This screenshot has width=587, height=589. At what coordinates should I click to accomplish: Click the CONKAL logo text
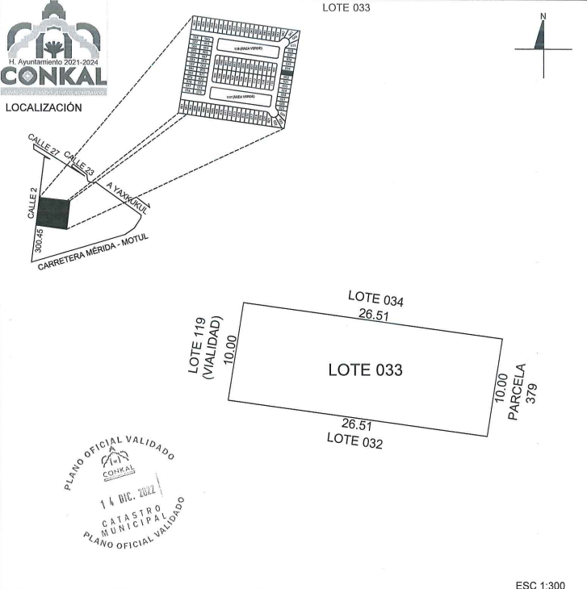click(55, 77)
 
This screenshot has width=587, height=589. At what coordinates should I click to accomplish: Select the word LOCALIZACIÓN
click(43, 107)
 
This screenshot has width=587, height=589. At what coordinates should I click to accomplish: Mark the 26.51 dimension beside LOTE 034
click(374, 315)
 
